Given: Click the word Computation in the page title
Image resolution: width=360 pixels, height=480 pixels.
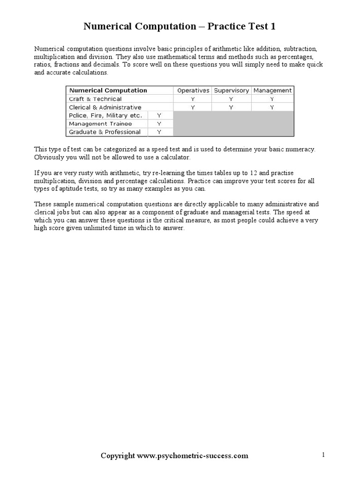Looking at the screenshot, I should [164, 27].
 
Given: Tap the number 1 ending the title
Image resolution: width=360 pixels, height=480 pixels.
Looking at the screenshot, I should [273, 27].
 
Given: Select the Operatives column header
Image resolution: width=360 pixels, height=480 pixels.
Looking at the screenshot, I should [193, 90].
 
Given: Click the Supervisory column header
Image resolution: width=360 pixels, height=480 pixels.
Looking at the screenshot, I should [232, 90].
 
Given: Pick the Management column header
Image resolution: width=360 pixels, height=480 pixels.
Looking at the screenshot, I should [272, 90].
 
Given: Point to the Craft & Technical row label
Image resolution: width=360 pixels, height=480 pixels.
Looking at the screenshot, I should [95, 99].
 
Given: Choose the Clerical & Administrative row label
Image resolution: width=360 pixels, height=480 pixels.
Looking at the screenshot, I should [105, 107].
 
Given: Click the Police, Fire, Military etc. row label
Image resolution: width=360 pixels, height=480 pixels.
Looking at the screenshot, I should [105, 115].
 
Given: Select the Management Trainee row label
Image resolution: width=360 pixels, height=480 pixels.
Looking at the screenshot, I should [100, 124].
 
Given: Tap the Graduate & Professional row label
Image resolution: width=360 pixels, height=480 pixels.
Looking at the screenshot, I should [105, 132].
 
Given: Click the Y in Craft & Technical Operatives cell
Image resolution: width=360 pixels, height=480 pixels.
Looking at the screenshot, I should [193, 99].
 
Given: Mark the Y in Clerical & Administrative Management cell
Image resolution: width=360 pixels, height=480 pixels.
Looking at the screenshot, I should [272, 107].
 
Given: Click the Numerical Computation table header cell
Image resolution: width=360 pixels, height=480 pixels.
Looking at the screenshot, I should [108, 90].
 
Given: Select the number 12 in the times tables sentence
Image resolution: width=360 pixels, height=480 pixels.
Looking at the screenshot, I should [253, 173].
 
